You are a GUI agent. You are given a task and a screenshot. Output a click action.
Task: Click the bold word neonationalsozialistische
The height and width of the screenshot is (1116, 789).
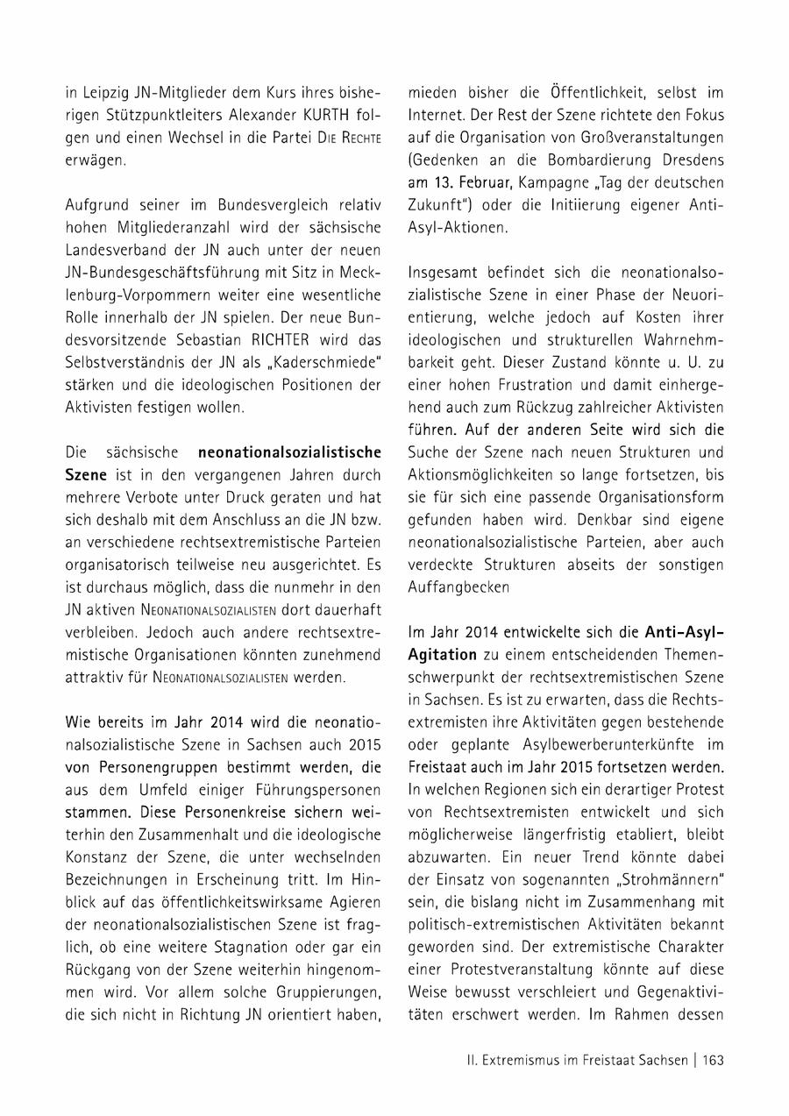[290, 452]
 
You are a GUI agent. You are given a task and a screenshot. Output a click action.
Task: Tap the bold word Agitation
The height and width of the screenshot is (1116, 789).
[442, 654]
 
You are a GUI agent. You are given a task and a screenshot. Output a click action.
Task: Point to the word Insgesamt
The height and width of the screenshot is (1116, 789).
[443, 272]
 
